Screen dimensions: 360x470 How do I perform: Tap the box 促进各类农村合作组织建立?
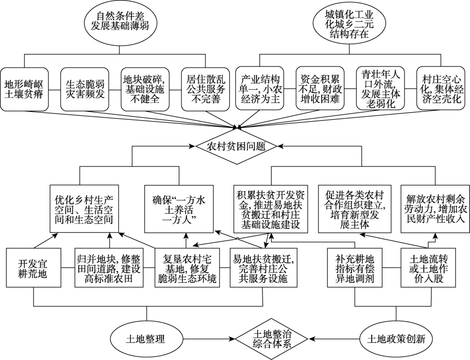click(353, 208)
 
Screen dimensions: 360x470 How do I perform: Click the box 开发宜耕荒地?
click(33, 268)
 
